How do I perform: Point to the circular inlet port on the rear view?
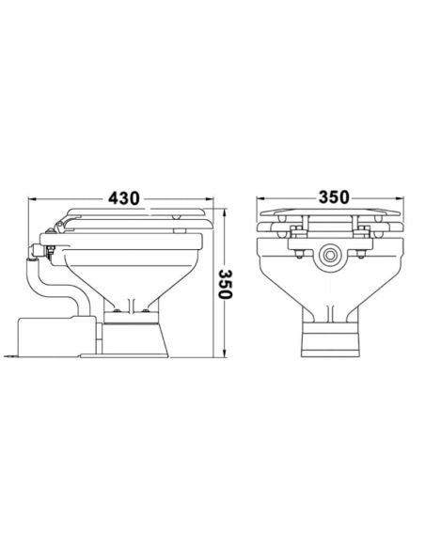[330, 254]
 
